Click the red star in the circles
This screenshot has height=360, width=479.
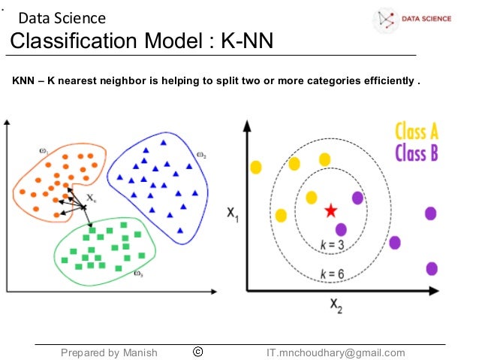pyautogui.click(x=330, y=210)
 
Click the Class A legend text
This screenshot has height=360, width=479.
pyautogui.click(x=416, y=132)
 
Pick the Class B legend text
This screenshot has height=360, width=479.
pyautogui.click(x=416, y=154)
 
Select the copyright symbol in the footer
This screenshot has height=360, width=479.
pyautogui.click(x=199, y=352)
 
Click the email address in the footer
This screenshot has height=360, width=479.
pyautogui.click(x=336, y=352)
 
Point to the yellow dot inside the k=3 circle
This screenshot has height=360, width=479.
pyautogui.click(x=312, y=198)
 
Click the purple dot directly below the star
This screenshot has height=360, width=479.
pyautogui.click(x=341, y=229)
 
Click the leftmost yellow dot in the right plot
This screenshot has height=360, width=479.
pyautogui.click(x=256, y=167)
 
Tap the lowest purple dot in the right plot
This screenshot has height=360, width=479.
pyautogui.click(x=432, y=268)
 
